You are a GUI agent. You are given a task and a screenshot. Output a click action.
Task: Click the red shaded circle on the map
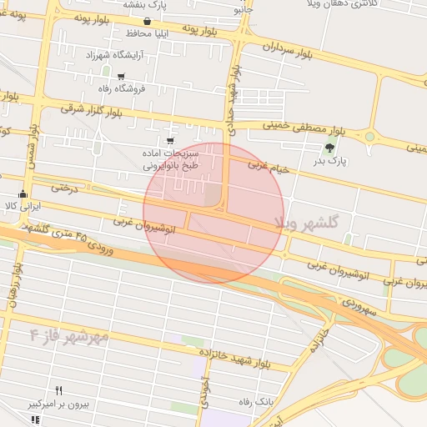pos(213,213)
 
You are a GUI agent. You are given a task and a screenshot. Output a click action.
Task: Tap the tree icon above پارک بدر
pos(329,148)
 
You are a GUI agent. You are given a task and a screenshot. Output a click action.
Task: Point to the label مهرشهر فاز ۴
pos(69,336)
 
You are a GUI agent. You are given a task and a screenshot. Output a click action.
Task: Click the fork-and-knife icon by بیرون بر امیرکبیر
pos(58,390)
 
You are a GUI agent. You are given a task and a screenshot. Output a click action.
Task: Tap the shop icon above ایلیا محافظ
pos(148,22)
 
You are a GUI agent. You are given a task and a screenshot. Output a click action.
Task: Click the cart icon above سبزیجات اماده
pos(171,141)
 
